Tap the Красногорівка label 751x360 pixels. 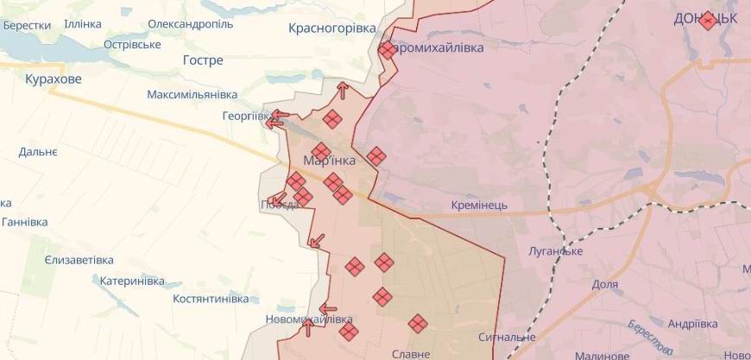click(332, 28)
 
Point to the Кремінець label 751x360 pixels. click(479, 205)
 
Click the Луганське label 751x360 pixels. click(555, 251)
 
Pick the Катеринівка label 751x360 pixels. click(131, 281)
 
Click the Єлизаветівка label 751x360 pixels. click(79, 260)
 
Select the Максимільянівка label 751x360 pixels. click(192, 93)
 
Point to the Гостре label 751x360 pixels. click(203, 60)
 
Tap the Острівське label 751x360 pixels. click(132, 44)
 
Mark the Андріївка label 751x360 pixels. click(692, 324)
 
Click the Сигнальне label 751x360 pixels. click(508, 337)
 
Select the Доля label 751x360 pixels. click(605, 284)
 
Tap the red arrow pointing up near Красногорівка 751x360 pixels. click(343, 89)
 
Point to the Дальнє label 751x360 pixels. click(38, 152)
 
